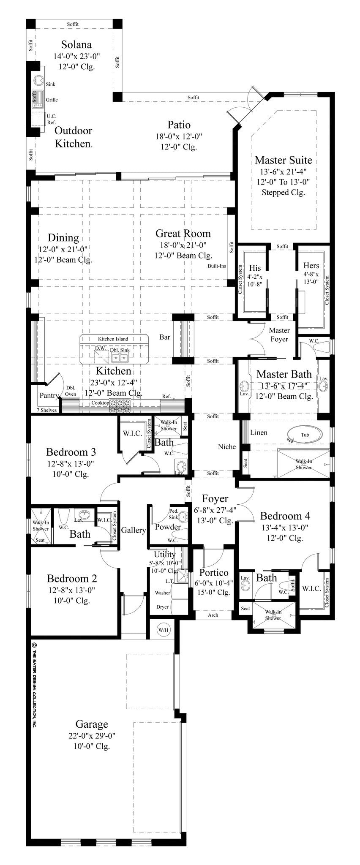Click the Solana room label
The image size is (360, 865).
[76, 45]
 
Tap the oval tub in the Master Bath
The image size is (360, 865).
[305, 435]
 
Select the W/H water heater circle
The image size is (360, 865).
[163, 630]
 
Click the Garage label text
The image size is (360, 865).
[92, 724]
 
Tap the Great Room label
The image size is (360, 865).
[183, 234]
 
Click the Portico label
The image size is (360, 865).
[214, 573]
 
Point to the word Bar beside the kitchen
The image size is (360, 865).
[165, 337]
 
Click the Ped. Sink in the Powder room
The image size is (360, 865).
[183, 517]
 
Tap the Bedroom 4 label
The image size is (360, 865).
[285, 516]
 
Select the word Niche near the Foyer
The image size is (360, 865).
[226, 447]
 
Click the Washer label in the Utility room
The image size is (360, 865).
[163, 593]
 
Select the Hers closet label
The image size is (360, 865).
[311, 266]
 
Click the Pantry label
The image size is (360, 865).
[48, 396]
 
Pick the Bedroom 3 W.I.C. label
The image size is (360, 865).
[132, 433]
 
